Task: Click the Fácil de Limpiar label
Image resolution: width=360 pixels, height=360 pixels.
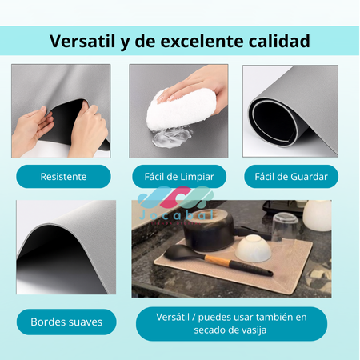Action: [x=178, y=176]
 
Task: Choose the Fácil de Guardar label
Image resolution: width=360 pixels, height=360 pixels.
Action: [x=290, y=176]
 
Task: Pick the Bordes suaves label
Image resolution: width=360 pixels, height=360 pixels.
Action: [x=66, y=322]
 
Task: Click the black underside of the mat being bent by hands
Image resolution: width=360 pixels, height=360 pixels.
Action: [x=60, y=112]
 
